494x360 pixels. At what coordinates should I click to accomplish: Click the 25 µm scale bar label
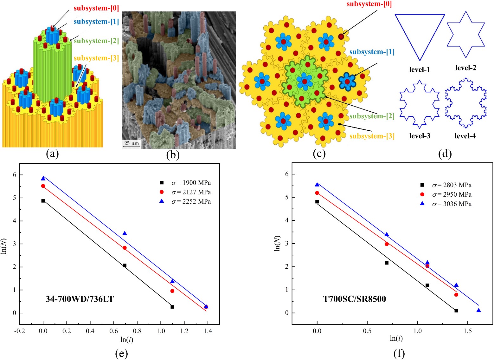[132, 143]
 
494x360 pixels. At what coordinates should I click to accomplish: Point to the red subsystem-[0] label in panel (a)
[96, 8]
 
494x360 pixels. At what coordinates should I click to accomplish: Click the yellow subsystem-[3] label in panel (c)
[372, 136]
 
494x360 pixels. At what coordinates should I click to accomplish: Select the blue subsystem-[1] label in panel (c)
[372, 52]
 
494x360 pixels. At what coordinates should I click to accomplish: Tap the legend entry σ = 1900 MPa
[191, 183]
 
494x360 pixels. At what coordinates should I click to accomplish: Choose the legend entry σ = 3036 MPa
[452, 204]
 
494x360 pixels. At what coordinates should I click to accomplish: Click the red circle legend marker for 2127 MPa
[162, 192]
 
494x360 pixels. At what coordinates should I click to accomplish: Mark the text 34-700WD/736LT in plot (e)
[80, 299]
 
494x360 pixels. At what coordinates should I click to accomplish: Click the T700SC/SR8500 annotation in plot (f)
[354, 299]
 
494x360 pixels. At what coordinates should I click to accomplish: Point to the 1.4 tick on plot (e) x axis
[208, 331]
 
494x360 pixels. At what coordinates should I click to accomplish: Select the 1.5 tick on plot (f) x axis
[468, 331]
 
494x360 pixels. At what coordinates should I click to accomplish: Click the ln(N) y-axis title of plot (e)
[4, 244]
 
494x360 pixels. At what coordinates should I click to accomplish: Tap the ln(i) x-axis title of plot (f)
[396, 338]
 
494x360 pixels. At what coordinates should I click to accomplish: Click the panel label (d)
[445, 154]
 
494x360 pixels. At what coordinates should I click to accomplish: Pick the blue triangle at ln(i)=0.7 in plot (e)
[125, 233]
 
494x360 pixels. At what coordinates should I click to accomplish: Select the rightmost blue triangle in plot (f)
[478, 311]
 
